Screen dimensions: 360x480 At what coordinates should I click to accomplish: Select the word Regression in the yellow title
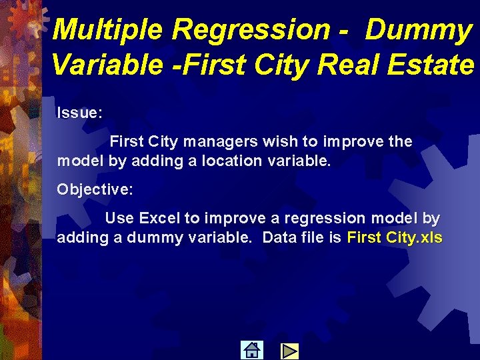251,30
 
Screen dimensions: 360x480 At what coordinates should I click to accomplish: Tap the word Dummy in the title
419,30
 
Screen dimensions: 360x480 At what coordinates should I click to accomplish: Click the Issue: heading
79,113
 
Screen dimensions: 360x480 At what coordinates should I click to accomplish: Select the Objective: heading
95,189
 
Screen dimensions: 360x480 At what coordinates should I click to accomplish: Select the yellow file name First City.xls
395,237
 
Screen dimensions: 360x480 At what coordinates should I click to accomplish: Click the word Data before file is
279,237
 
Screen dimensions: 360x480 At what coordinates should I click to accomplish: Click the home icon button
251,350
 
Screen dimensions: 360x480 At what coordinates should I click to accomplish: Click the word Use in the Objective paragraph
119,218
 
